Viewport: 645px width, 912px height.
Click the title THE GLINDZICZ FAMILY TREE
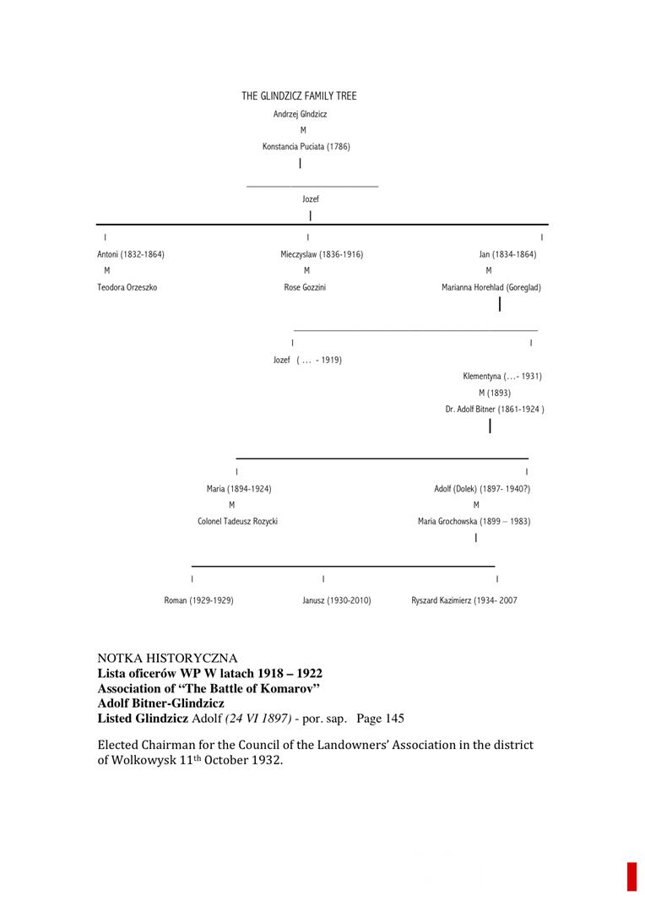pos(299,96)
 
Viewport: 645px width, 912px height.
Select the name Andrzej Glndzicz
pos(300,114)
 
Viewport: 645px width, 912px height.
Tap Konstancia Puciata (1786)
pos(306,147)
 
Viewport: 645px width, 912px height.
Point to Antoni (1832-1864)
pos(131,255)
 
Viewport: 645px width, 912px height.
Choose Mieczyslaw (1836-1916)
pos(322,255)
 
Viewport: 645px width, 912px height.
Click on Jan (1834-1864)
pos(507,255)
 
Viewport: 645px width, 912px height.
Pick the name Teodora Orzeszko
pos(127,288)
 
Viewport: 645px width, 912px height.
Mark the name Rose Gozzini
pos(305,288)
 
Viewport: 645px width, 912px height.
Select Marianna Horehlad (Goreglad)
pos(491,288)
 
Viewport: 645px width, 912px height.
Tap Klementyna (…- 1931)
pos(502,377)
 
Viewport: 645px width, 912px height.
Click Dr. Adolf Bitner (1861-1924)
pos(495,410)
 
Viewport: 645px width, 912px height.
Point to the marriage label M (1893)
pos(494,393)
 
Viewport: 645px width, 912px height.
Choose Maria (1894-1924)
pos(239,489)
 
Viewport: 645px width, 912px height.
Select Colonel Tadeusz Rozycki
pos(237,522)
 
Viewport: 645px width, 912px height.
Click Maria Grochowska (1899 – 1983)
pos(474,522)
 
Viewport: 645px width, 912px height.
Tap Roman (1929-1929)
pos(198,601)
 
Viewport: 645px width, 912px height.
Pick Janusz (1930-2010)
pos(336,601)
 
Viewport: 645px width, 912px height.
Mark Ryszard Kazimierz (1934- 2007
pos(464,601)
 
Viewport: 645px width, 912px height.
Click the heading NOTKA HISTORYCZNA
pos(167,659)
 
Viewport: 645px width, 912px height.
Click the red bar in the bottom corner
pos(631,877)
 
